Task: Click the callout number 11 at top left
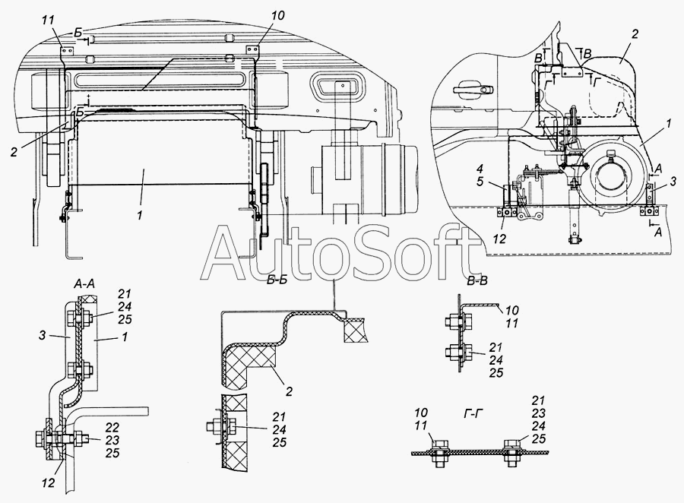pyautogui.click(x=49, y=20)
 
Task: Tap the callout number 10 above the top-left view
pyautogui.click(x=277, y=16)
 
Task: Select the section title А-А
pyautogui.click(x=85, y=283)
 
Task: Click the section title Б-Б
pyautogui.click(x=277, y=280)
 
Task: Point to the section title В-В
pyautogui.click(x=477, y=281)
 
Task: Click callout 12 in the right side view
pyautogui.click(x=500, y=239)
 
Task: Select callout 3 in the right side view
pyautogui.click(x=673, y=181)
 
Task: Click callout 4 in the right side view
pyautogui.click(x=480, y=169)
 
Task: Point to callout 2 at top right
pyautogui.click(x=635, y=33)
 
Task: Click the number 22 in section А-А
pyautogui.click(x=112, y=427)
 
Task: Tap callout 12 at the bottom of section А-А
pyautogui.click(x=49, y=482)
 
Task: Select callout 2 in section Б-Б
pyautogui.click(x=289, y=391)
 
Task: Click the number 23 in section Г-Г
pyautogui.click(x=539, y=413)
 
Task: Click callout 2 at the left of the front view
pyautogui.click(x=14, y=152)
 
